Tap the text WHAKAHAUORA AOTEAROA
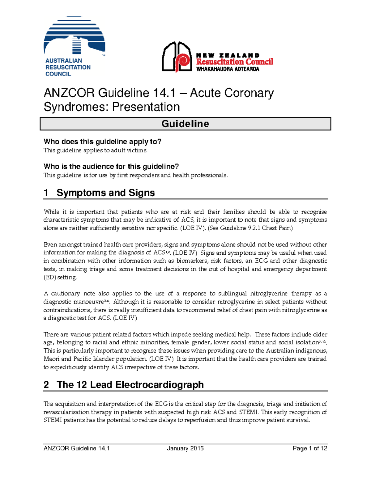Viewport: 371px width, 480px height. coord(228,69)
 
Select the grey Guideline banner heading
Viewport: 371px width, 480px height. coord(185,124)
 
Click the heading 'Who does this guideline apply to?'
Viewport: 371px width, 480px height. coord(102,142)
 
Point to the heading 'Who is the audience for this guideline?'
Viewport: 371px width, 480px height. coord(111,166)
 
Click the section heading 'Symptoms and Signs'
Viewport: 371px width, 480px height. coord(105,193)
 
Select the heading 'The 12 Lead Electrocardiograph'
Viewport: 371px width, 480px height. coord(130,385)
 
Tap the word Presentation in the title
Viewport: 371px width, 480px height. coord(146,107)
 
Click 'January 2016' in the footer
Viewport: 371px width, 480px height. coord(185,448)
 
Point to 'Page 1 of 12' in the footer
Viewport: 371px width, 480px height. coord(310,448)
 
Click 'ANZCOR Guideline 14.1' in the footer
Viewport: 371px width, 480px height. coord(77,448)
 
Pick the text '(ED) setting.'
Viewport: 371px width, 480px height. coord(60,277)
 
